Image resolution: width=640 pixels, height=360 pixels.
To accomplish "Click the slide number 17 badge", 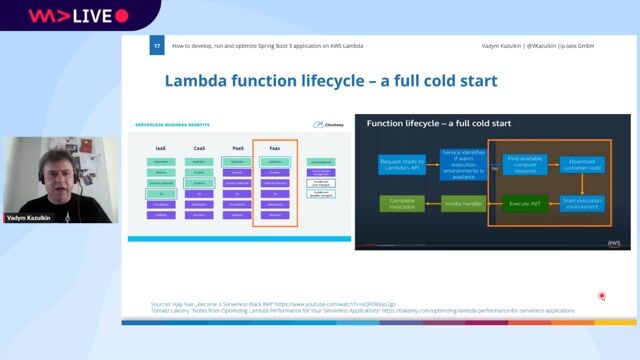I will [x=157, y=47].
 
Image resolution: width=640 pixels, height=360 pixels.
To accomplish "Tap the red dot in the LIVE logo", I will [x=122, y=16].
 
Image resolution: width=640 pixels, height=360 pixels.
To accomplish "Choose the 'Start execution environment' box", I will [x=582, y=203].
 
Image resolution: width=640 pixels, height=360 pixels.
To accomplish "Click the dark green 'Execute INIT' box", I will [x=525, y=203].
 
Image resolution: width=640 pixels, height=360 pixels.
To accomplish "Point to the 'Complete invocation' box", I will [x=401, y=203].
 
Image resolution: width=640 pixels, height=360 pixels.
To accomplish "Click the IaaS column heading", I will [x=161, y=147].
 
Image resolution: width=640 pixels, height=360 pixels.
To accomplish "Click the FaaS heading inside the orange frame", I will [x=274, y=147].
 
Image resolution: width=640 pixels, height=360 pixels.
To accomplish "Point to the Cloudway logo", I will [x=329, y=125].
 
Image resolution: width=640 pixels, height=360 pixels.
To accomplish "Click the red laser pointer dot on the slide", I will [x=602, y=296].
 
